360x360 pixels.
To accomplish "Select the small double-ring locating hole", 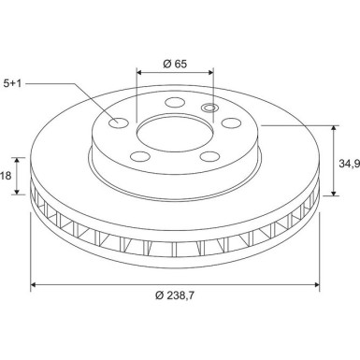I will (209, 108).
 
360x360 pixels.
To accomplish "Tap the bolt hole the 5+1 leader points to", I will (118, 122).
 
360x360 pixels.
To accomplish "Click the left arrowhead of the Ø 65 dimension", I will (140, 71).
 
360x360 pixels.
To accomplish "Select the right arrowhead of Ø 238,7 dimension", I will (318, 285).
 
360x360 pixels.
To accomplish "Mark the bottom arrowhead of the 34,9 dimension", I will (334, 195).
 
